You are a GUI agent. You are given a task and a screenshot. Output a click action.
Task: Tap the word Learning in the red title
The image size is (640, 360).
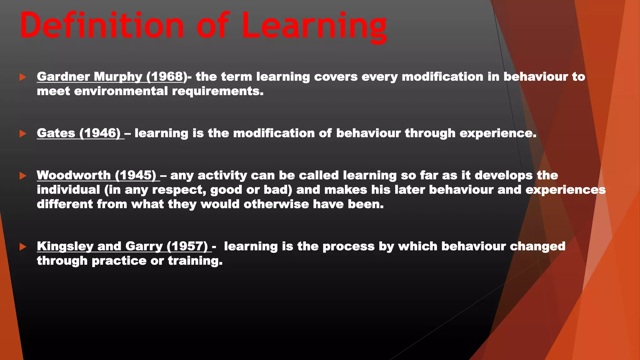[314, 27]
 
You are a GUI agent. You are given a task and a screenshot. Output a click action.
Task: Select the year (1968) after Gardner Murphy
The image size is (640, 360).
[167, 77]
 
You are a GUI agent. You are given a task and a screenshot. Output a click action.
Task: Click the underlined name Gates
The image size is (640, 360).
[56, 133]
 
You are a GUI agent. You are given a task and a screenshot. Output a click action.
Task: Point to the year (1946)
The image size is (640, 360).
[100, 133]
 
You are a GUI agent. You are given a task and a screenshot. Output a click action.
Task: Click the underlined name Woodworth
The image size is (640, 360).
[74, 175]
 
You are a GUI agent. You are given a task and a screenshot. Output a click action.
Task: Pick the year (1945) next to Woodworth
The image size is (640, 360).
[136, 175]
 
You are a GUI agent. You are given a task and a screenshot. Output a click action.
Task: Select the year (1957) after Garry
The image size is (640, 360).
[187, 246]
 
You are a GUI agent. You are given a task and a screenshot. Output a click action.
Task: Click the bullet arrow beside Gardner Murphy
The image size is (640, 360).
[23, 77]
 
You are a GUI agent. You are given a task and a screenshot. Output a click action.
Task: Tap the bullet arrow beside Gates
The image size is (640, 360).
[23, 134]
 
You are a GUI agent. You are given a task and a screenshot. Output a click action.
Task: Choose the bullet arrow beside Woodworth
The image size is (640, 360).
[23, 176]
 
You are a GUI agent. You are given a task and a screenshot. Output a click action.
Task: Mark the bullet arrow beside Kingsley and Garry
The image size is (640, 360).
[23, 247]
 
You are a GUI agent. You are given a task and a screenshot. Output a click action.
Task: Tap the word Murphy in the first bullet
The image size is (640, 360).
[118, 77]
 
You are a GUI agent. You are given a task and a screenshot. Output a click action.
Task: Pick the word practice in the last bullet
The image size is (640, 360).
[119, 261]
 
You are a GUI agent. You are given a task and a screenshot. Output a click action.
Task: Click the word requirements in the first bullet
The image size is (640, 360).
[217, 92]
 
